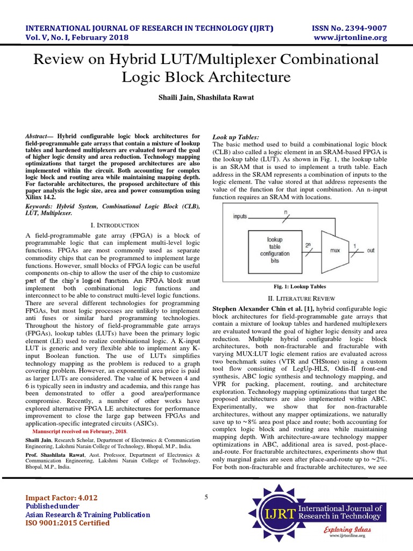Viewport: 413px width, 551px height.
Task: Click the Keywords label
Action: coord(41,206)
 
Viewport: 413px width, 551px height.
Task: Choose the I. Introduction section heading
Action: coord(113,225)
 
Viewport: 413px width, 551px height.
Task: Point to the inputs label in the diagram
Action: coord(240,216)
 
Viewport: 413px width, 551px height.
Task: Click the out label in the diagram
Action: coord(371,250)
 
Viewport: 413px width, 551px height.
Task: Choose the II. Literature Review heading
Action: coord(301,298)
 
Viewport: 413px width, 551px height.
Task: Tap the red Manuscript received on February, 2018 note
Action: coord(80,432)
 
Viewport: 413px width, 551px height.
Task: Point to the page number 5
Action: coord(206,497)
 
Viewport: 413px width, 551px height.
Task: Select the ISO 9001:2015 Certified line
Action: coord(68,522)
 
